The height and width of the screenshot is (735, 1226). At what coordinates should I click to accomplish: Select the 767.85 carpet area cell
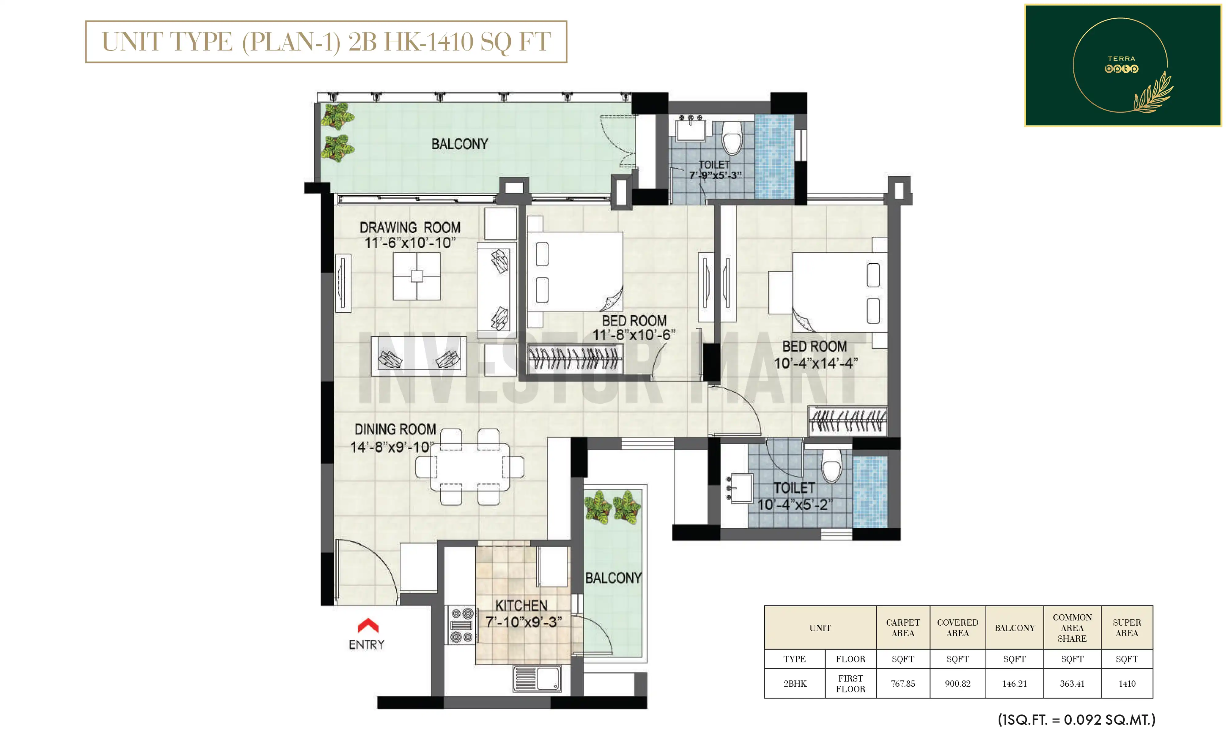click(x=903, y=684)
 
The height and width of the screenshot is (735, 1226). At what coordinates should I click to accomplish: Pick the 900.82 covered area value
click(x=958, y=684)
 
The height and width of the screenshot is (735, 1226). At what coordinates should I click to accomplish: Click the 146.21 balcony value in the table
click(x=1015, y=684)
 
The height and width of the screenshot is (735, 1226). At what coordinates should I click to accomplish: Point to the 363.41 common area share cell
click(x=1072, y=684)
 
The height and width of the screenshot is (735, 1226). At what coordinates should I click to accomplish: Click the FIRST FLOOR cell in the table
click(x=850, y=684)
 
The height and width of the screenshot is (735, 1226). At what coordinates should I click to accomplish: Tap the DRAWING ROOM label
click(x=410, y=227)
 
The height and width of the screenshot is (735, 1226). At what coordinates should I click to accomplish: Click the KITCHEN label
click(x=521, y=605)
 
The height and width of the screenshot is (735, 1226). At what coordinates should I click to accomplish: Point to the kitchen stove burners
click(x=461, y=625)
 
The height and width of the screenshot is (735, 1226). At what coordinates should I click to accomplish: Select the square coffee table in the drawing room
click(x=417, y=276)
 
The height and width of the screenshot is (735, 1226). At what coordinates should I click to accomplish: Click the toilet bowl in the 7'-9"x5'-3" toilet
click(x=732, y=138)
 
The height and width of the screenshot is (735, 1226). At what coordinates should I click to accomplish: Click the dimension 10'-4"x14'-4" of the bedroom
click(x=816, y=364)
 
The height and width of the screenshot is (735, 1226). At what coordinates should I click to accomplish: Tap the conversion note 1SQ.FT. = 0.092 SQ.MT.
click(x=1076, y=719)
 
